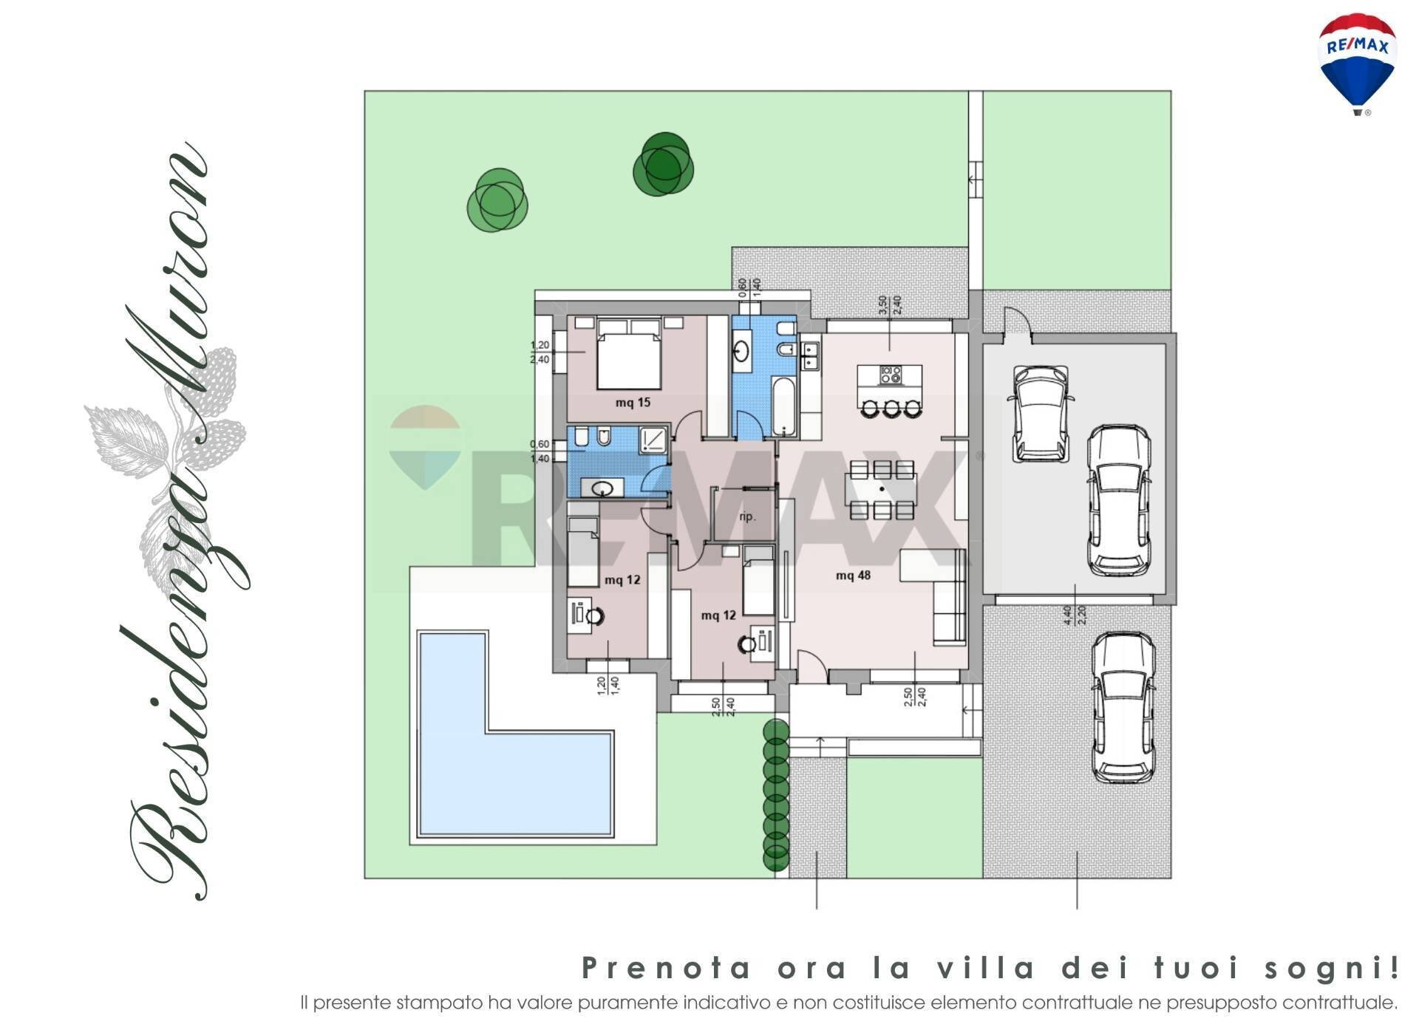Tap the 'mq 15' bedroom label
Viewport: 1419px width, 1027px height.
pos(633,403)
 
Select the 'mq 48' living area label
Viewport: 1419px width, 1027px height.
pos(853,576)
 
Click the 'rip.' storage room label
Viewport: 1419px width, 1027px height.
pos(747,516)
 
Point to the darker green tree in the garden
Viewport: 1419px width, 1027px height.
pos(663,165)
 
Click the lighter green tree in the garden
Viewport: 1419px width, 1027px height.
pos(497,199)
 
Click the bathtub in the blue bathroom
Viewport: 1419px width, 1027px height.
pos(784,407)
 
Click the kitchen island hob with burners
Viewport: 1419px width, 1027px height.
pos(890,375)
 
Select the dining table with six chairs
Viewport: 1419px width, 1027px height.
pos(882,489)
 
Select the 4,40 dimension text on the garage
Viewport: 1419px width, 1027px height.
pos(1066,615)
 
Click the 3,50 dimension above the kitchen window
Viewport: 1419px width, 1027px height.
pos(881,304)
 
